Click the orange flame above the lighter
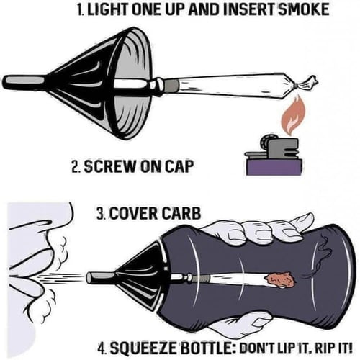[294, 115]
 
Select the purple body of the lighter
[274, 167]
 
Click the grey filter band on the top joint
[172, 86]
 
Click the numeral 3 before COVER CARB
[99, 213]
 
